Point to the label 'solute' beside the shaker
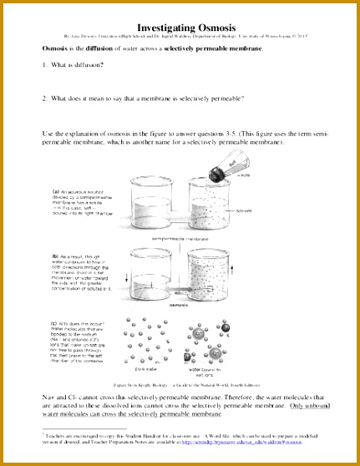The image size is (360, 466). click(244, 175)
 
